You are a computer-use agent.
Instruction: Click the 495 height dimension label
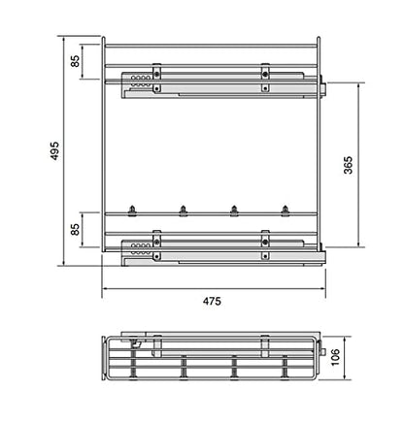[54, 150]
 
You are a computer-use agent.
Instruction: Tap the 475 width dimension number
[212, 301]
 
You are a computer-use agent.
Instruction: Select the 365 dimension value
[348, 165]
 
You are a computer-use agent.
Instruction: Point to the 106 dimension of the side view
[335, 357]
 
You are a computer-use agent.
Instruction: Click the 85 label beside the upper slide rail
[75, 61]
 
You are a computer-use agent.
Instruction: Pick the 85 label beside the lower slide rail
[75, 229]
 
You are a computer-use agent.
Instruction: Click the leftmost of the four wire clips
[132, 211]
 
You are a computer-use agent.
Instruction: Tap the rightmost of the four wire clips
[285, 211]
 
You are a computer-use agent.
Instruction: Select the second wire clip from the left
[183, 211]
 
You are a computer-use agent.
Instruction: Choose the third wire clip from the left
[234, 211]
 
